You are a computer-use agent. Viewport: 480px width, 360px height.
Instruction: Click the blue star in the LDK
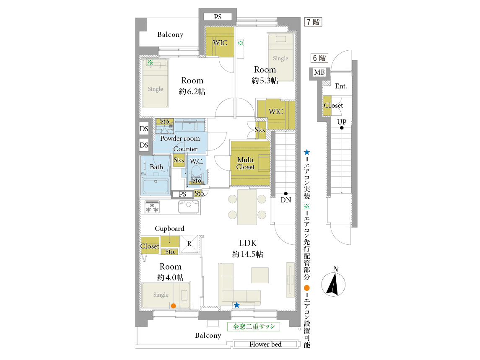236,305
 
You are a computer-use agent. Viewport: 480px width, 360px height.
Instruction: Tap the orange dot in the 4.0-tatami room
173,306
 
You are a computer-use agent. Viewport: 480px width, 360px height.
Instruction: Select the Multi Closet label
245,163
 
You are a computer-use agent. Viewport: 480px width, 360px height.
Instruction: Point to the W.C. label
197,161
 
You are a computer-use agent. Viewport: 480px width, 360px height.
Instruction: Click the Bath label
156,167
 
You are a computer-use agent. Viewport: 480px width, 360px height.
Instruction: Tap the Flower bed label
265,344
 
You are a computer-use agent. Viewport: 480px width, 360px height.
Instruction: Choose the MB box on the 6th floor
319,73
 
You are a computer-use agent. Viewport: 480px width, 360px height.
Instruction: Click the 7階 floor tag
313,22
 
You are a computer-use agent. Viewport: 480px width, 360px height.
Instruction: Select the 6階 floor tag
319,58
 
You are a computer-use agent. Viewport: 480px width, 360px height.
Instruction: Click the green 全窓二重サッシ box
254,326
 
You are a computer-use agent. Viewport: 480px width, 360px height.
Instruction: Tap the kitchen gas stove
152,207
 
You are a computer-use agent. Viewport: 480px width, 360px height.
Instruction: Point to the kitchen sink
189,207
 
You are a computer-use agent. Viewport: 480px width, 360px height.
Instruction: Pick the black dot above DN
285,194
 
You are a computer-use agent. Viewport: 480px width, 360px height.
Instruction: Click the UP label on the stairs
342,122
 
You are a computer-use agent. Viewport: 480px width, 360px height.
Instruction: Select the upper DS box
144,129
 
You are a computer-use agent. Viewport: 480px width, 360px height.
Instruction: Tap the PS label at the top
218,17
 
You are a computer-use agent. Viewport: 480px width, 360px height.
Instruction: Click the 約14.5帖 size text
248,254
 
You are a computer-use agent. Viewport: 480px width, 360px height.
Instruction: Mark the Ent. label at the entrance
341,86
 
